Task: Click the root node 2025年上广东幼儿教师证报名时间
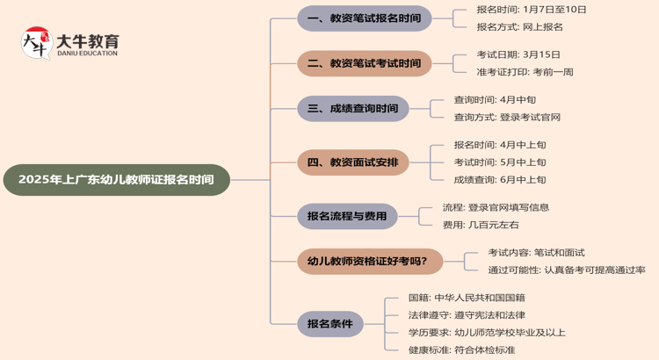point(116,180)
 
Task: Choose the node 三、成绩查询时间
point(352,109)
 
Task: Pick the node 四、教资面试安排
point(352,162)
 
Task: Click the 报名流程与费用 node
point(347,216)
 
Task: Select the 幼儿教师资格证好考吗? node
point(369,261)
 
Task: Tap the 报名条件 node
point(329,324)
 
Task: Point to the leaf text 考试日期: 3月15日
point(518,54)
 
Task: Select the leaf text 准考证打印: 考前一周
point(525,72)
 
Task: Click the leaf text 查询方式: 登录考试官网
point(507,118)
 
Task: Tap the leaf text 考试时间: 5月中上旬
point(500,162)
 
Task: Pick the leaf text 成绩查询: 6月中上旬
point(500,180)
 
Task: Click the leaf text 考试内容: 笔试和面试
point(536,252)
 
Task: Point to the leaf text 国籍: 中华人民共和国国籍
point(467,298)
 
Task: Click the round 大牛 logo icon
point(36,43)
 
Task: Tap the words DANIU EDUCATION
point(87,54)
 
